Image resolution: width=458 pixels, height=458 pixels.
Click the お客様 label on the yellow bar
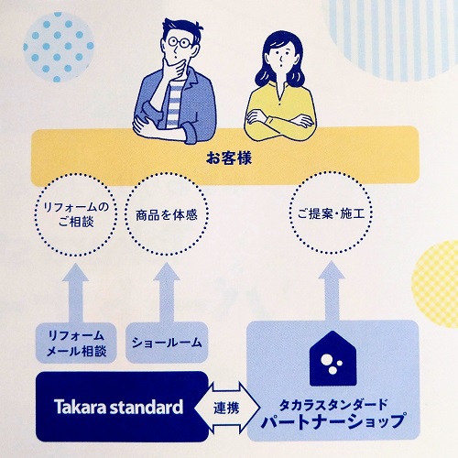tap(229, 158)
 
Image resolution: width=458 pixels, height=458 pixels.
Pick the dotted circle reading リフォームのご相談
tap(76, 176)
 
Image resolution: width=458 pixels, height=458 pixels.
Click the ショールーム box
tap(167, 343)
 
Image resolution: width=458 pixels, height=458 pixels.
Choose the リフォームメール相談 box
tap(76, 343)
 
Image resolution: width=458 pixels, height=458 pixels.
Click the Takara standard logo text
tap(118, 407)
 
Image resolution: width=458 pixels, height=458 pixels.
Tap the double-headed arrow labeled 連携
tap(227, 408)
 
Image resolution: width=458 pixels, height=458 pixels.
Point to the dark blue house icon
tap(333, 359)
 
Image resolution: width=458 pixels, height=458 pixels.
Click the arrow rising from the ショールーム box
tap(167, 292)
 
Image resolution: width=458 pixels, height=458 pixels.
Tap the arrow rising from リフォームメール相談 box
tap(76, 294)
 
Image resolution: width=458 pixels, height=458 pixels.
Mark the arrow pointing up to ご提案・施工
tap(332, 290)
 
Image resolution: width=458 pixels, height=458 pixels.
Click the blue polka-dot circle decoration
tap(58, 48)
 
